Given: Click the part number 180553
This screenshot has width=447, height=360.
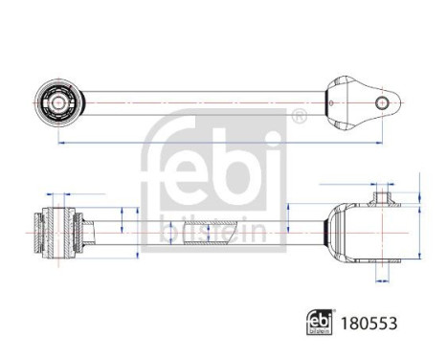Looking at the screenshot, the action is pyautogui.click(x=369, y=324).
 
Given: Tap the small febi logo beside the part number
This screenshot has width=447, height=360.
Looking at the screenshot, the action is pyautogui.click(x=319, y=322).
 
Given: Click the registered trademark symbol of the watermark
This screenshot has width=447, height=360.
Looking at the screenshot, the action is pyautogui.click(x=299, y=116).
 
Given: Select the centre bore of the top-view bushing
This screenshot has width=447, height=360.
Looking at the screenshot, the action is pyautogui.click(x=58, y=102).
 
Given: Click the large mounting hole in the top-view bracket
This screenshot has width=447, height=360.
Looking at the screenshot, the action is pyautogui.click(x=382, y=102).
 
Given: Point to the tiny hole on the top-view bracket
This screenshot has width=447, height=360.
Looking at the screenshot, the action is pyautogui.click(x=331, y=102).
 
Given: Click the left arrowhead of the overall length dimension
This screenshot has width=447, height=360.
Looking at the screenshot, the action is pyautogui.click(x=61, y=143).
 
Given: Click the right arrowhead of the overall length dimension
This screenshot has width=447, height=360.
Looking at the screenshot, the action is pyautogui.click(x=379, y=143).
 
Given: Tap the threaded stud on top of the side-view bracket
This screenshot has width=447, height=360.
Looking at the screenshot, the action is pyautogui.click(x=382, y=197).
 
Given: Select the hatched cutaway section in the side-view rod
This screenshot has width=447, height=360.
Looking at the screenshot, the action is pyautogui.click(x=208, y=233).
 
